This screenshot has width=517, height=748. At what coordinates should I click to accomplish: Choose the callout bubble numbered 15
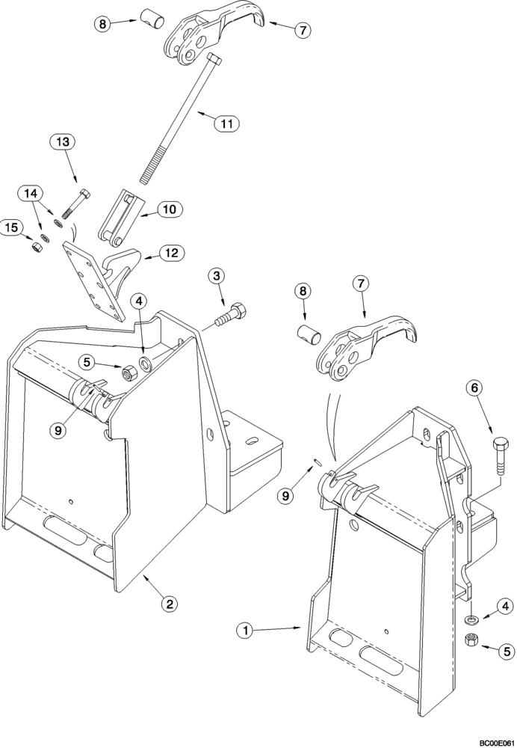(11, 227)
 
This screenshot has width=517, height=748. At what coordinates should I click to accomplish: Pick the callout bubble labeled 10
(168, 210)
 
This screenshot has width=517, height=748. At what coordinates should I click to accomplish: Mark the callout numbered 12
(171, 253)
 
